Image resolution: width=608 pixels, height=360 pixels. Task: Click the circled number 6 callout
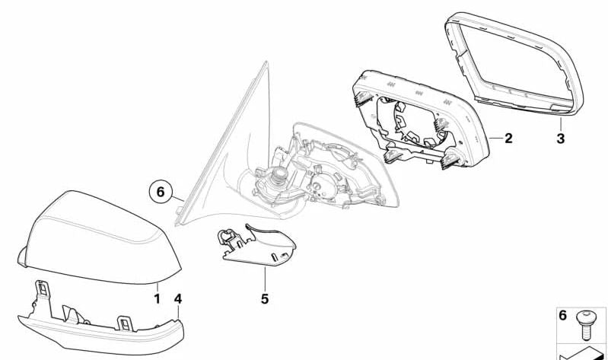click(x=160, y=193)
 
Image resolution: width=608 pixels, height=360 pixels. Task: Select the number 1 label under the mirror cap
click(x=157, y=299)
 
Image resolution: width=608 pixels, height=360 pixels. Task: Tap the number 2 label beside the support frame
click(x=508, y=139)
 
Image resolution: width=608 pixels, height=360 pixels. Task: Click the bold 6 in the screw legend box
click(x=563, y=315)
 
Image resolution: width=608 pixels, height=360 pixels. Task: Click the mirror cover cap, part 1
click(x=99, y=236)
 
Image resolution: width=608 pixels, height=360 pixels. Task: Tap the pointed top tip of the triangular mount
click(x=266, y=65)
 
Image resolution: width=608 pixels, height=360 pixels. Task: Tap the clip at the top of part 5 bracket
click(x=226, y=237)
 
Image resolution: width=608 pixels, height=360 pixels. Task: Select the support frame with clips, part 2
click(x=415, y=118)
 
